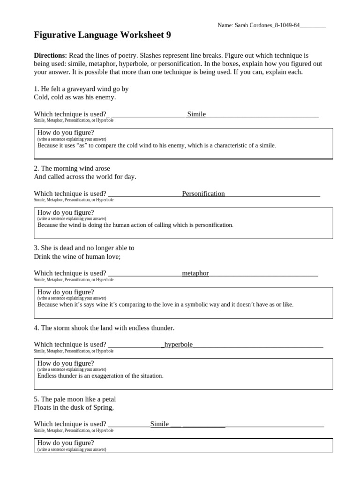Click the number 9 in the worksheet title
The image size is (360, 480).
[x=175, y=35]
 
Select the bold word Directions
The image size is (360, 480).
[x=50, y=55]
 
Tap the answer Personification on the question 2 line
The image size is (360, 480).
[x=203, y=194]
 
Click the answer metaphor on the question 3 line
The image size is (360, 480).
[x=195, y=273]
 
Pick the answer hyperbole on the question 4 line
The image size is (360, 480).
[x=178, y=345]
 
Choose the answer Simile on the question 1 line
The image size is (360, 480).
[x=196, y=114]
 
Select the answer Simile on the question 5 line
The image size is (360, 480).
[x=159, y=424]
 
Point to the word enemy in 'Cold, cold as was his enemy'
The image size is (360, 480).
[x=105, y=97]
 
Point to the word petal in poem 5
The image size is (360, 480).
[x=107, y=399]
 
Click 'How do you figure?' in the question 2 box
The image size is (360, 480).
[x=66, y=212]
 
